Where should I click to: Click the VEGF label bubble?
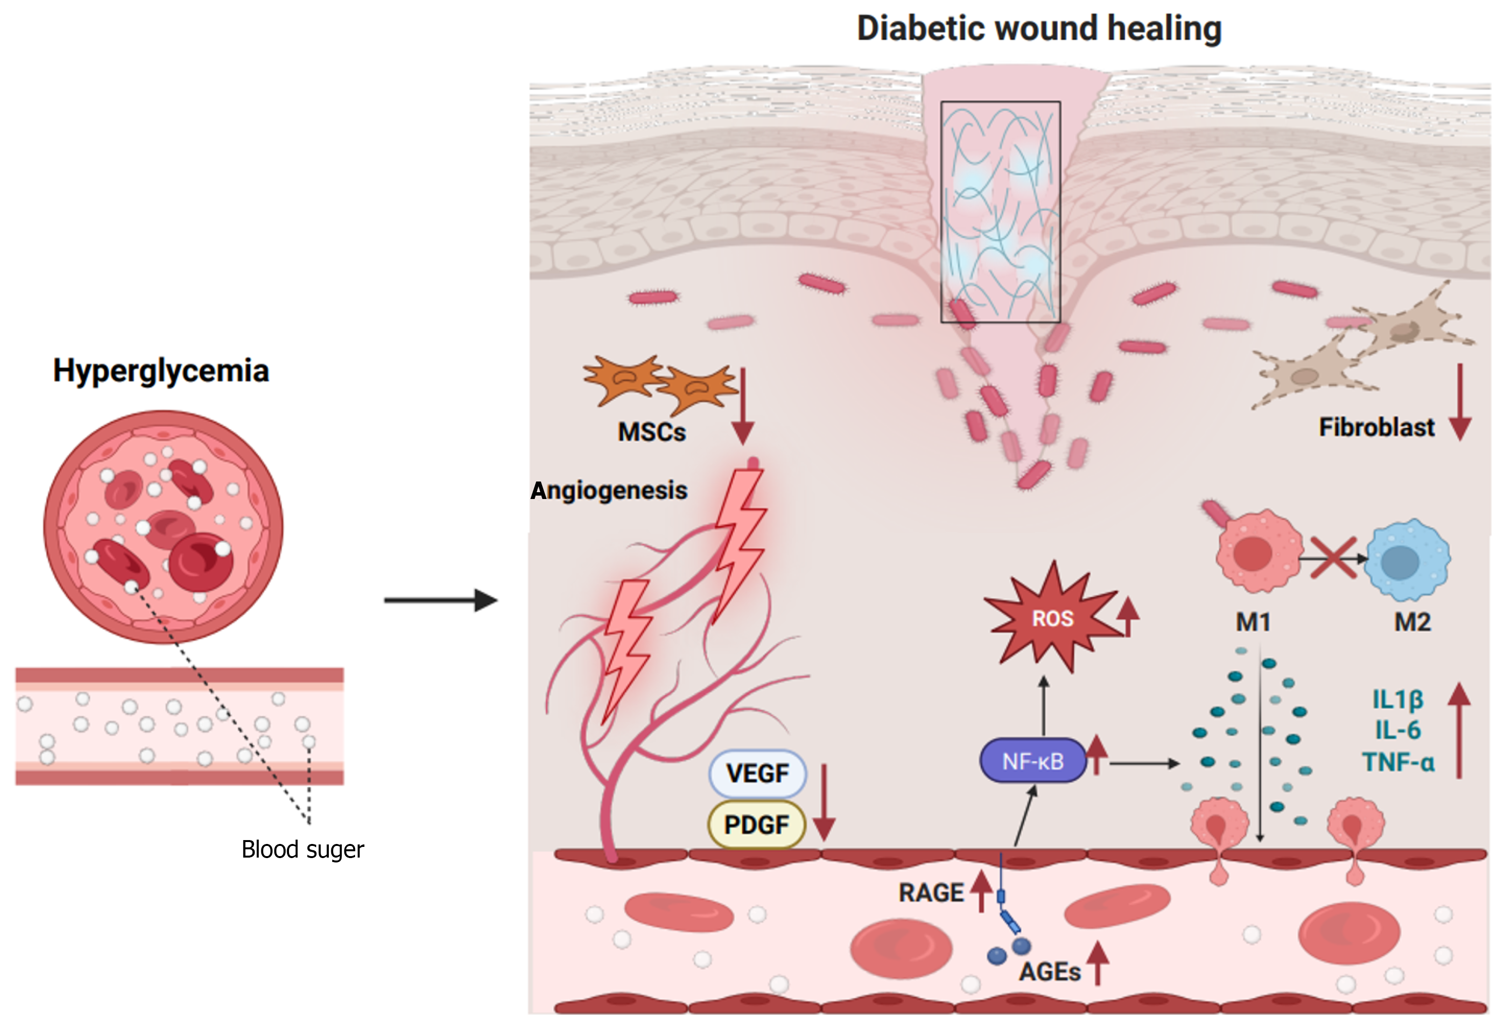point(757,773)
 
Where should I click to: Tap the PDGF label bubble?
point(757,825)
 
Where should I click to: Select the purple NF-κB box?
point(1033,761)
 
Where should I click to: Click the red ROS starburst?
point(1053,618)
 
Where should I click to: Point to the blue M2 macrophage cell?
point(1407,560)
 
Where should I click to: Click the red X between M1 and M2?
point(1333,557)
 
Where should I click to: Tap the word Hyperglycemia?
point(161,371)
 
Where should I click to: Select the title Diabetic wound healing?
point(1039,28)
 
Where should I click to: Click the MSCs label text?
point(652,432)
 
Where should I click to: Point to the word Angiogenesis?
point(609,490)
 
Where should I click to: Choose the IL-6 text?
point(1398,730)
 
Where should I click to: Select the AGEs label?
point(1049,972)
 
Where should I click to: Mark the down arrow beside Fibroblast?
point(1460,402)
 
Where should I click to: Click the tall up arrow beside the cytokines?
point(1459,730)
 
